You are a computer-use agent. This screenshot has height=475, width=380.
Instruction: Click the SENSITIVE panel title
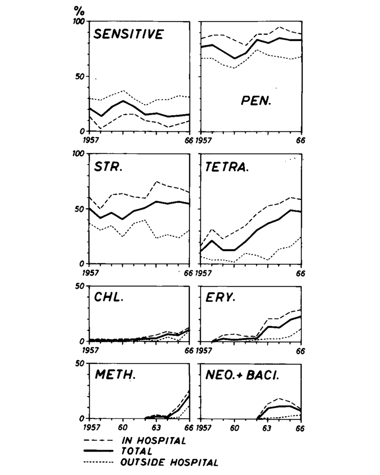coord(127,34)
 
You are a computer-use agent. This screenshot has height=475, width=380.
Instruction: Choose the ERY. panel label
coord(220,298)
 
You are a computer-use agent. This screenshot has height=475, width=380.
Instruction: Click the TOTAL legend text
coord(137,451)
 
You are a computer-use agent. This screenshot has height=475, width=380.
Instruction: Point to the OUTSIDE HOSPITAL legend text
coord(169,462)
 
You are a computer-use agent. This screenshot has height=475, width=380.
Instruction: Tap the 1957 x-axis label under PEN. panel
coord(203,141)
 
